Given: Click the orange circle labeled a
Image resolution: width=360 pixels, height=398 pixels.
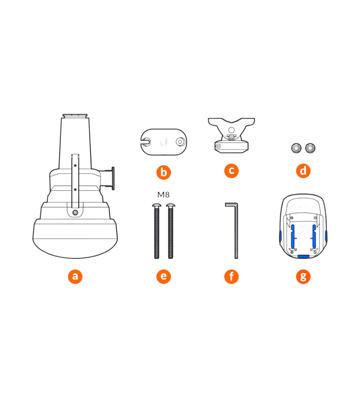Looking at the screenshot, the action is [75, 276].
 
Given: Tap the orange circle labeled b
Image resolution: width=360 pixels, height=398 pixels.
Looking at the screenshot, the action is [164, 172].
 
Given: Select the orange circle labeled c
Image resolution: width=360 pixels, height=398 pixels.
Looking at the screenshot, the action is [232, 171].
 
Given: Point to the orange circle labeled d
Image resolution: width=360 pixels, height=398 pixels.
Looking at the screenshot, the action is [303, 171].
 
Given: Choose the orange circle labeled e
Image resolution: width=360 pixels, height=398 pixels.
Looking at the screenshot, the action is [164, 276].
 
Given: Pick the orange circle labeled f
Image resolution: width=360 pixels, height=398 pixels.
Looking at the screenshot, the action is [232, 276].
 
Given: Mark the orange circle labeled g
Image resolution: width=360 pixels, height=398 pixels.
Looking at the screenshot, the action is [303, 276].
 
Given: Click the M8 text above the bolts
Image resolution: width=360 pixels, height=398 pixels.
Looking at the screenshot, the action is [163, 195].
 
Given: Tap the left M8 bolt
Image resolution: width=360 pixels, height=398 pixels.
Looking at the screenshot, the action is [157, 231].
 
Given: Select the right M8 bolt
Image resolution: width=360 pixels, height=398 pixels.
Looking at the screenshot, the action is [171, 231].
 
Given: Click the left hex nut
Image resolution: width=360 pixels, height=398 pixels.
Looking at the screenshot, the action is [296, 148].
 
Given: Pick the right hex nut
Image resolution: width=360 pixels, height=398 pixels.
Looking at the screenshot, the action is [310, 148].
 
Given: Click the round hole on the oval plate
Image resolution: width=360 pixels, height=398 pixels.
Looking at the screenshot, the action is [180, 142].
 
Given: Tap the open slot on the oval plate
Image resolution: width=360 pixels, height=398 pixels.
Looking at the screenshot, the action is [146, 142].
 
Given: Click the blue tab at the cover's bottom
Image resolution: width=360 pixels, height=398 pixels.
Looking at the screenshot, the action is [304, 257].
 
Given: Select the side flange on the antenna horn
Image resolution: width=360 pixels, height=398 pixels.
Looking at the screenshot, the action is [113, 179].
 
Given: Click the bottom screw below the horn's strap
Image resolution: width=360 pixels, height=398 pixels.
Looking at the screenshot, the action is [75, 212].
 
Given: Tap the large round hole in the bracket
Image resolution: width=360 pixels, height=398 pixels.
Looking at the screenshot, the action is [231, 130].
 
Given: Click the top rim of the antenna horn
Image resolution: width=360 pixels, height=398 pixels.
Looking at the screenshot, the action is [75, 116].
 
